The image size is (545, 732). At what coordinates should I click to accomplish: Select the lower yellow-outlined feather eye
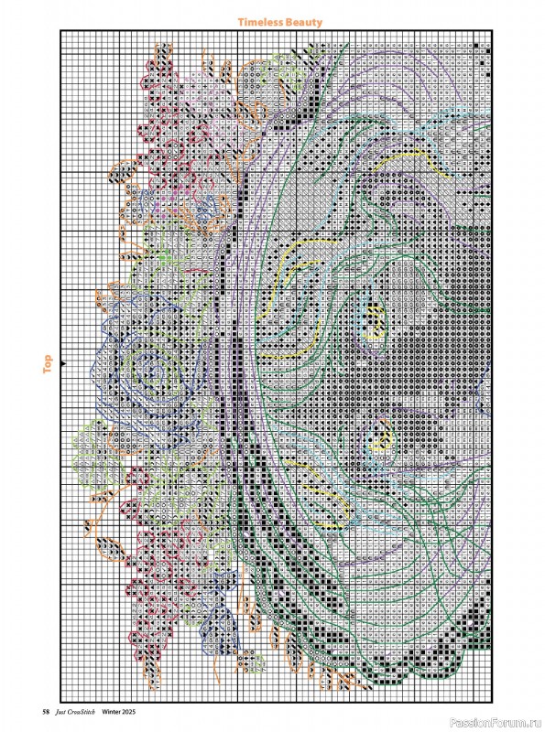coord(377,444)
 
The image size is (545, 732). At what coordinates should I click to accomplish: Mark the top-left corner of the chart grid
coord(61,31)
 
